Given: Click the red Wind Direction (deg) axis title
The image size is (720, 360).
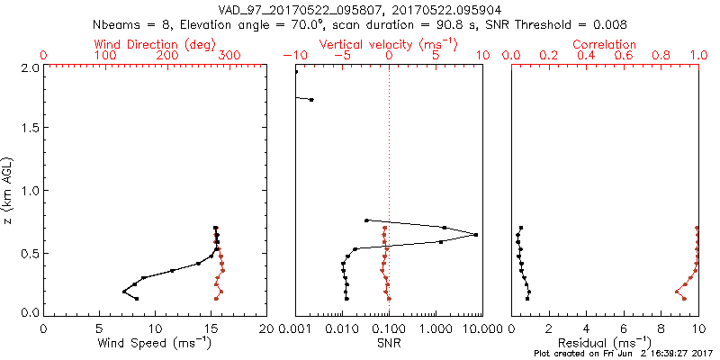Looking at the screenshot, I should pos(156,44).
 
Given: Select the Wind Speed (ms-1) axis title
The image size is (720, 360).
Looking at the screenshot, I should pos(155,343).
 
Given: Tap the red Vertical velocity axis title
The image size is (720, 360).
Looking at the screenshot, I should pos(388,44).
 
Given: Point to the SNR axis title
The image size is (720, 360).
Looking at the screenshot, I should pos(388,343).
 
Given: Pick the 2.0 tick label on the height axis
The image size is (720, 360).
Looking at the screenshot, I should pos(30,67).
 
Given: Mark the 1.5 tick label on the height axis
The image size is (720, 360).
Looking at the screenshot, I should pos(30,129).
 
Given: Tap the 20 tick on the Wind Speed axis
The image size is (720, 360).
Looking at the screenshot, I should pos(265,328).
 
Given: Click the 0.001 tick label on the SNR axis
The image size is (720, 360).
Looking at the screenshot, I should pos(295,328).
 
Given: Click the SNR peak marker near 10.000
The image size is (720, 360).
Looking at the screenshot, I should pos(476,235).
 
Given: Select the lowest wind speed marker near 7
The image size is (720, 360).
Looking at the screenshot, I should pos(124,292).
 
